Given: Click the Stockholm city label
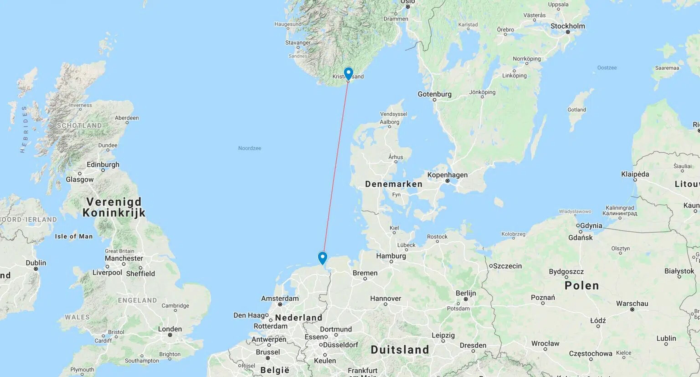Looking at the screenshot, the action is pos(567,26).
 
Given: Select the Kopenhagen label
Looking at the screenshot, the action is pos(447,175).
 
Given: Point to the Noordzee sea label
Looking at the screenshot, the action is pos(250,148).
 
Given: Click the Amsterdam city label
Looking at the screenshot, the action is pos(280,298).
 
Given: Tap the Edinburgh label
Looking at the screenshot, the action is pos(103,164).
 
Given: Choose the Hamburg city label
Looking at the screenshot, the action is pos(391,256).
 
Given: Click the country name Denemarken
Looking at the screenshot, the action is pos(394,184).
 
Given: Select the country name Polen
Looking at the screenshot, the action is pos(582,286).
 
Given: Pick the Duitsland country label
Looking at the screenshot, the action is pos(400,350).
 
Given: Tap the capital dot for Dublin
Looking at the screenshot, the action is pos(36,269).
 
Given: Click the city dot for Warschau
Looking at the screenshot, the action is pos(632,310).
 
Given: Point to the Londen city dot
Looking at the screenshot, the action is pos(170,335).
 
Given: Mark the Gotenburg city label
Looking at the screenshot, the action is pos(434,94).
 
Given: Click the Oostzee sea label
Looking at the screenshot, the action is pos(607,68).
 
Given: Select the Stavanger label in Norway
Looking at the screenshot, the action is pos(298,43).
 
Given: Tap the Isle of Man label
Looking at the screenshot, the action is pos(74,236).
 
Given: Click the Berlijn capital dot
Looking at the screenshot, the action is pos(466,299).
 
